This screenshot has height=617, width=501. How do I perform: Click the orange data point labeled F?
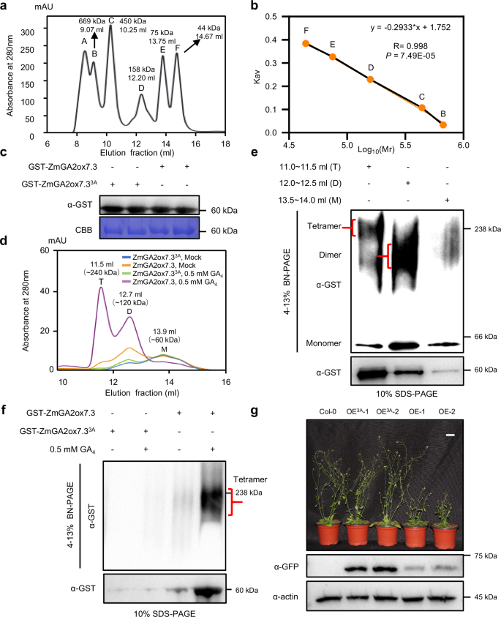tap(306, 44)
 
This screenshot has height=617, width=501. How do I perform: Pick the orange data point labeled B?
tap(443, 125)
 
